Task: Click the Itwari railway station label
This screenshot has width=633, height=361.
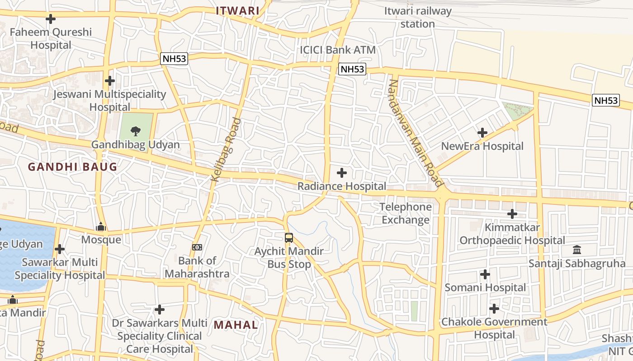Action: pyautogui.click(x=417, y=17)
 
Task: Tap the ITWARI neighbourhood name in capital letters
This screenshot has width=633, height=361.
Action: pyautogui.click(x=237, y=11)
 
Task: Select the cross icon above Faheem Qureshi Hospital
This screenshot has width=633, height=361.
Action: pyautogui.click(x=51, y=19)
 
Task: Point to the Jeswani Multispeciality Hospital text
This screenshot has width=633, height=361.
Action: pyautogui.click(x=109, y=101)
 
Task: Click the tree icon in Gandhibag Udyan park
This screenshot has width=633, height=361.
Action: pyautogui.click(x=135, y=131)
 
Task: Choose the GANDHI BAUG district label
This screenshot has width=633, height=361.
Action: pyautogui.click(x=72, y=167)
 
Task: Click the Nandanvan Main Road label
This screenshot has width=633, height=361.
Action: pyautogui.click(x=415, y=133)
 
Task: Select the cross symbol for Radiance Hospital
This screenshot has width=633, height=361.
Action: pyautogui.click(x=342, y=173)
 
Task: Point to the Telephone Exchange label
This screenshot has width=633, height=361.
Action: pyautogui.click(x=406, y=213)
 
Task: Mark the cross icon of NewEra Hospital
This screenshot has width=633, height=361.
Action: pyautogui.click(x=482, y=133)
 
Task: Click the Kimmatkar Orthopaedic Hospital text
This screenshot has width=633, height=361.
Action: pyautogui.click(x=512, y=234)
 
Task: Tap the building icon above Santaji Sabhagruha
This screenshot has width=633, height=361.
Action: pyautogui.click(x=577, y=250)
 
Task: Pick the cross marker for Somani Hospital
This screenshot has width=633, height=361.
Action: pyautogui.click(x=485, y=274)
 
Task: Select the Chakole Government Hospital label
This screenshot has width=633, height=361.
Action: pyautogui.click(x=494, y=329)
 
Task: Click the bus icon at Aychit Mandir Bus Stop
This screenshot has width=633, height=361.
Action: pyautogui.click(x=289, y=237)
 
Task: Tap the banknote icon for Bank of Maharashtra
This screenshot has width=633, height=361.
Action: pyautogui.click(x=197, y=247)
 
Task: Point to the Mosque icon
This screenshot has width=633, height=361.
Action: pyautogui.click(x=101, y=227)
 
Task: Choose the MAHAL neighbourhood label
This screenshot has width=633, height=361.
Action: pyautogui.click(x=236, y=325)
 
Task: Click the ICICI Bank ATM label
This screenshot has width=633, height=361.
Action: pyautogui.click(x=338, y=50)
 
